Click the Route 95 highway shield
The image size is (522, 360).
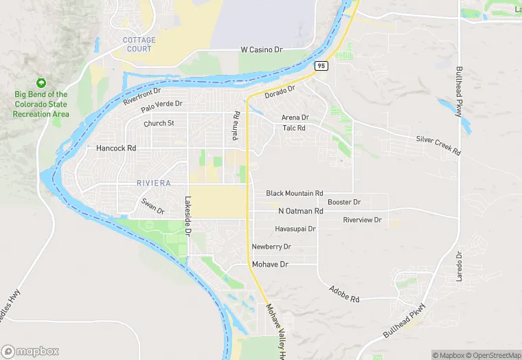tap(321, 66)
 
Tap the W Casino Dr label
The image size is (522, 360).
tap(262, 49)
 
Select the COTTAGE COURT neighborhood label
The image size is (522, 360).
tap(139, 44)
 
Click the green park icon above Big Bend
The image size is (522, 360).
tap(41, 83)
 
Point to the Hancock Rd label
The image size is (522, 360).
tap(116, 148)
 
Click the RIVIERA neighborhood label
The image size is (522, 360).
tap(153, 183)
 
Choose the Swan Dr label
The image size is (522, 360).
tap(152, 205)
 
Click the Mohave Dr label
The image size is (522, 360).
tap(270, 264)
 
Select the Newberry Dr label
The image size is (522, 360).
tap(271, 247)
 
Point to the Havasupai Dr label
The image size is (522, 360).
tap(295, 229)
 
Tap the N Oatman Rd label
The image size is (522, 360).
tap(300, 211)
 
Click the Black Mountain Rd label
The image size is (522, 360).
tap(295, 194)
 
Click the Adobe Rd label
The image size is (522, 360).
tap(344, 295)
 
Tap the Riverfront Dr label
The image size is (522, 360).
tap(141, 95)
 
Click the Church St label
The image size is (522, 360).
tap(159, 124)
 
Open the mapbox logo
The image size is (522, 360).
tap(30, 350)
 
